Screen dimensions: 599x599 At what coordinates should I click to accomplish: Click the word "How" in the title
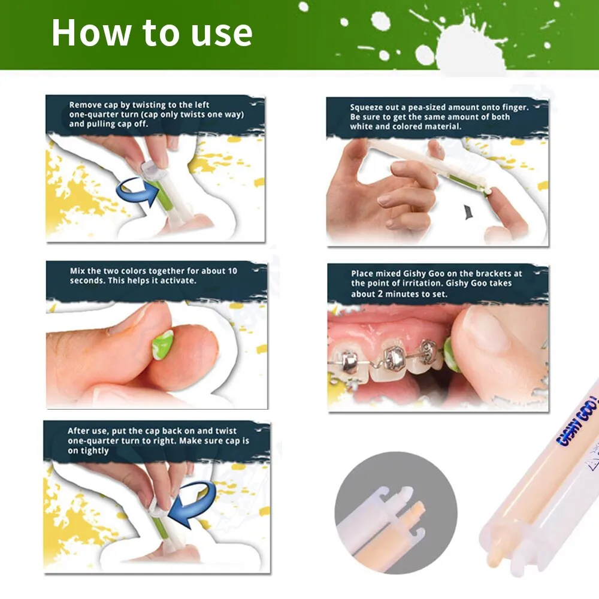tap(91, 32)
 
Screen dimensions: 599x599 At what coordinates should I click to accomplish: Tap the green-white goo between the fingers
tap(163, 346)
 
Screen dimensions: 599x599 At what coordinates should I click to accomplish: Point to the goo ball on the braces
tap(451, 355)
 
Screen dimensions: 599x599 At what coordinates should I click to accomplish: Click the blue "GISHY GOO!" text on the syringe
tap(577, 421)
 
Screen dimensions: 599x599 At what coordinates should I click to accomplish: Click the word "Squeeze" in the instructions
tap(367, 108)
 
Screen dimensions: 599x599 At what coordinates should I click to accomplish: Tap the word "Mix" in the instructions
tap(77, 271)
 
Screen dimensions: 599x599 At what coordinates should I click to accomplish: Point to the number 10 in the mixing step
tap(232, 271)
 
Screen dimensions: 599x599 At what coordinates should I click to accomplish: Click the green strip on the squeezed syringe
tap(464, 182)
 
